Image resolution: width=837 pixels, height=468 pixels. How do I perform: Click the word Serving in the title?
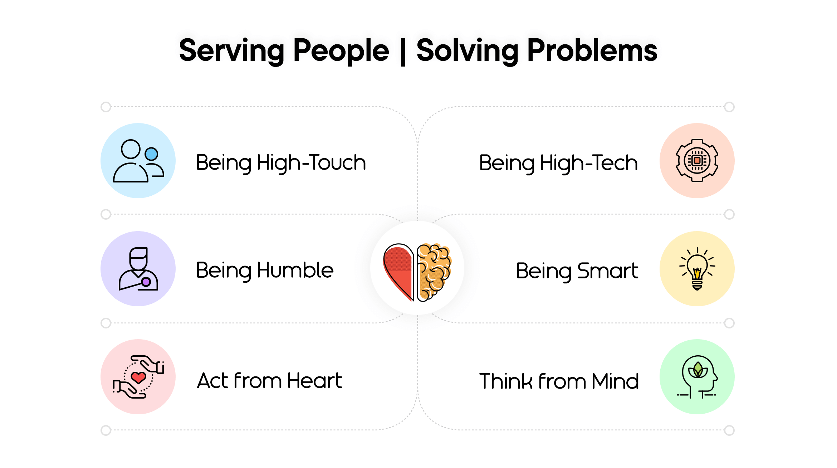232,51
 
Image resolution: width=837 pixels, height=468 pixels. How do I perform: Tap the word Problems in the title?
592,50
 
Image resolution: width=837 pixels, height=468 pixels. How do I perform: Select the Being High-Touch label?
281,163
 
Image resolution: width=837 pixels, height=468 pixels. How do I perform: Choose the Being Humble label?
265,270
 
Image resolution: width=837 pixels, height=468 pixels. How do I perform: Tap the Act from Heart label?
270,380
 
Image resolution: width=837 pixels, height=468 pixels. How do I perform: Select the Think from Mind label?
559,381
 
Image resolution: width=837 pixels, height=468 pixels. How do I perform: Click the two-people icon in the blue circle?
138,161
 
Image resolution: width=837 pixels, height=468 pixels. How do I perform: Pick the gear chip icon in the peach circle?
697,160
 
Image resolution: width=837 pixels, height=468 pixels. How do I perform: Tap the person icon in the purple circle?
138,269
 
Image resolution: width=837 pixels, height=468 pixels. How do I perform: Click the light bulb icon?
697,268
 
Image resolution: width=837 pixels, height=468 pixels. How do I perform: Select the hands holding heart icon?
138,377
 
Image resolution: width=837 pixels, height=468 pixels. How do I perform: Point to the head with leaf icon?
697,377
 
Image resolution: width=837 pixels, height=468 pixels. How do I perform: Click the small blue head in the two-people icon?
151,154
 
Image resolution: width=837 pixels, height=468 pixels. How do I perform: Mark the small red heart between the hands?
138,377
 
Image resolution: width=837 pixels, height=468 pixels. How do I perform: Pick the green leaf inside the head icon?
698,370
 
